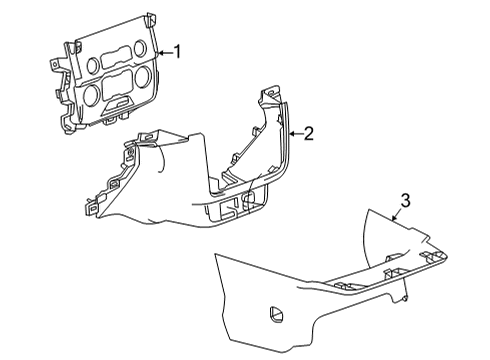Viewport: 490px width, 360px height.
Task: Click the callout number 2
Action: coord(309,132)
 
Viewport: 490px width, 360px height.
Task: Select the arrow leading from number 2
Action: coord(295,132)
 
